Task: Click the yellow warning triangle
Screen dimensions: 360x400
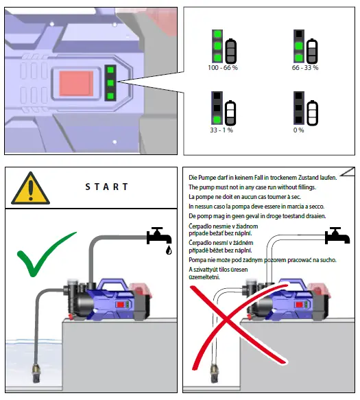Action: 31,189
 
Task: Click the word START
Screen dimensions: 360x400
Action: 106,187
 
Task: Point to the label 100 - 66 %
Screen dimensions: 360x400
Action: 223,68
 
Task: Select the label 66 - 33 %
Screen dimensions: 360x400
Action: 305,68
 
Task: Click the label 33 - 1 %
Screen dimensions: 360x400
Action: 221,130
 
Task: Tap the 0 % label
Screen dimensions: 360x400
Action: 298,130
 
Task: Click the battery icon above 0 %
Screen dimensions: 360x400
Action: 312,113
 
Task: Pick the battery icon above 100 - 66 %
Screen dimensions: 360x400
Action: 230,51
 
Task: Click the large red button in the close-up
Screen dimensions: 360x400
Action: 76,84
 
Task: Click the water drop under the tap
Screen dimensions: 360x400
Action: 169,250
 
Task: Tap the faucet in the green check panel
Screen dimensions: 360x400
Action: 159,236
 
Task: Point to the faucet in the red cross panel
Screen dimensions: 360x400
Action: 337,236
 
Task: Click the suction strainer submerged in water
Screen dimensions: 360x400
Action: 37,374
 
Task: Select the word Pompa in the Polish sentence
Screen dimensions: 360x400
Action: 197,260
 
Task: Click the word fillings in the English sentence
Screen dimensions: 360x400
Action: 306,187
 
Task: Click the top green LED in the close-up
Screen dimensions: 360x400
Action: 110,70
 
